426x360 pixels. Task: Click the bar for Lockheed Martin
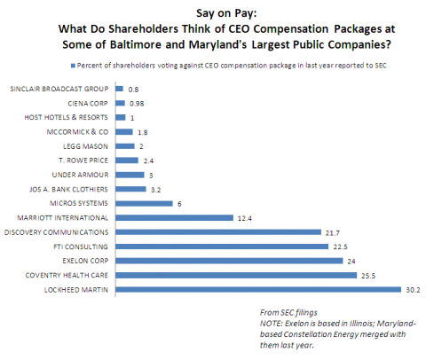(x=258, y=289)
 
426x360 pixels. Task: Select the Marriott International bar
(x=175, y=218)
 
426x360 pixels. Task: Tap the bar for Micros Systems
(x=144, y=203)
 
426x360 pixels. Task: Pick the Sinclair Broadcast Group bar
(x=119, y=89)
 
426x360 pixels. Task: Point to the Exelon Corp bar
(x=229, y=261)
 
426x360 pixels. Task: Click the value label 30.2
(x=413, y=290)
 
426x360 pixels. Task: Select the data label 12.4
(x=245, y=218)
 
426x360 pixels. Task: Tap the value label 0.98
(x=137, y=104)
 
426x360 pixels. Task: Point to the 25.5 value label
(x=368, y=276)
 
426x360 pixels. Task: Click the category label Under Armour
(x=80, y=175)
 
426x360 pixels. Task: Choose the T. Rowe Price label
(x=83, y=160)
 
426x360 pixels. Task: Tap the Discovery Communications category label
(x=56, y=232)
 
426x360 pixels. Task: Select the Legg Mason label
(x=85, y=146)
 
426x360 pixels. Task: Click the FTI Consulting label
(x=81, y=247)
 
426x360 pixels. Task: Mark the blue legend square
(x=73, y=66)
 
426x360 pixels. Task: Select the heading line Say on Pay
(x=226, y=13)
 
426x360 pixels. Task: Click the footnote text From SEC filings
(x=288, y=312)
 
